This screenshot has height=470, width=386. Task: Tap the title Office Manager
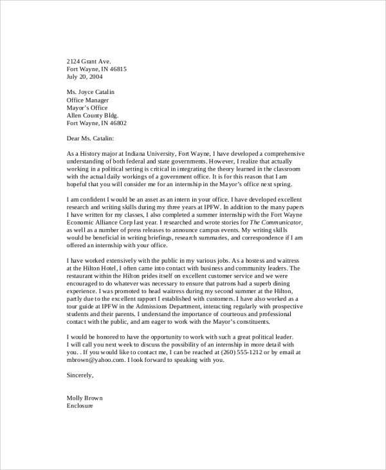88,100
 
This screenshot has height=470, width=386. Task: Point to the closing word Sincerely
80,375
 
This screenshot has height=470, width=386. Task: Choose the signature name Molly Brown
85,398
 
